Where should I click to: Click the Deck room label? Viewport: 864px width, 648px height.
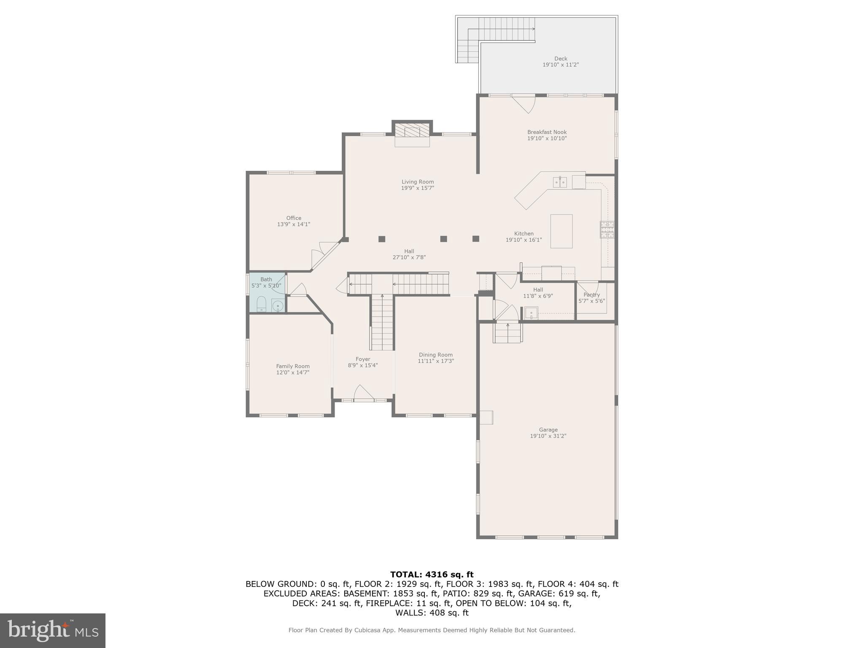point(560,59)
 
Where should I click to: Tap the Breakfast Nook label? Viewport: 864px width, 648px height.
point(547,132)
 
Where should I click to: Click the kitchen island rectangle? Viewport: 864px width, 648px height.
point(561,231)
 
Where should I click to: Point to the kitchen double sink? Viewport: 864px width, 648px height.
point(560,182)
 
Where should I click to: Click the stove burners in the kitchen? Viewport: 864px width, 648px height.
point(607,229)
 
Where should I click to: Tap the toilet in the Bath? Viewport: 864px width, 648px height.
point(261,304)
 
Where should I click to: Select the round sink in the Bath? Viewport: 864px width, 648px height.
point(278,305)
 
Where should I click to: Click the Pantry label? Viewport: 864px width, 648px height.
point(591,295)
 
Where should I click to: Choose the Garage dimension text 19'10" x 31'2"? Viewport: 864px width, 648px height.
point(548,436)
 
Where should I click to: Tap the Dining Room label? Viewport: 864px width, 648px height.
point(435,355)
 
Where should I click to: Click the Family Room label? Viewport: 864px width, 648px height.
point(293,366)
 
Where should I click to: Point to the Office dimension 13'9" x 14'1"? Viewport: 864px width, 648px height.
point(294,224)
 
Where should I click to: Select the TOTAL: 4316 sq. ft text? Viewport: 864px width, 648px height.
point(432,574)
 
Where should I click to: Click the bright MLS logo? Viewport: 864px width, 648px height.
point(53,630)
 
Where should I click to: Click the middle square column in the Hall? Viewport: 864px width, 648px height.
point(443,239)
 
